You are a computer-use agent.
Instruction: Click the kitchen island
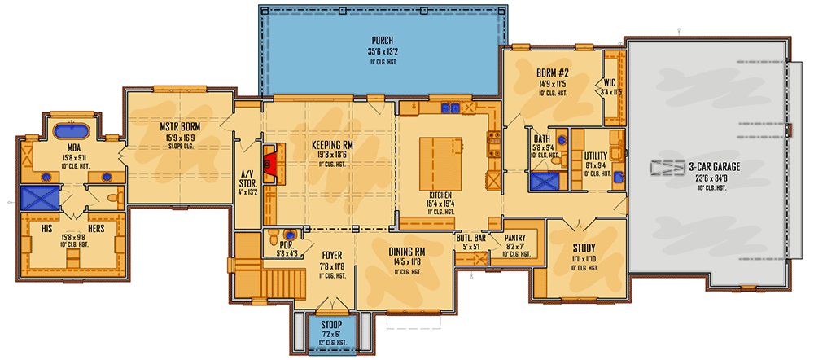click(440, 163)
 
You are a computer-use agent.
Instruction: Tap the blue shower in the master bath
click(37, 197)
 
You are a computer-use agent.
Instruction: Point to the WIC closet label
click(610, 82)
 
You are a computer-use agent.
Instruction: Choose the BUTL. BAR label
click(471, 238)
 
